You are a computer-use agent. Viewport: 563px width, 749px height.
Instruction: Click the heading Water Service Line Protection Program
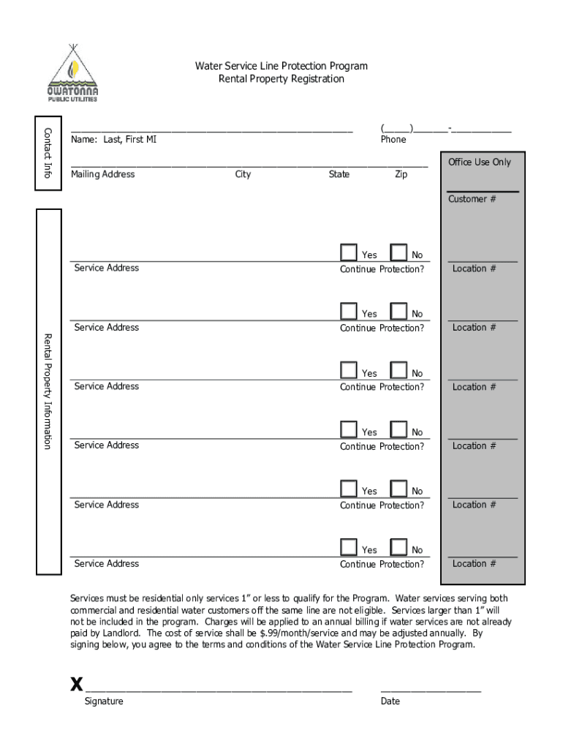coord(281,66)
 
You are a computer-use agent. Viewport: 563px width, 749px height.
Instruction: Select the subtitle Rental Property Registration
coord(281,79)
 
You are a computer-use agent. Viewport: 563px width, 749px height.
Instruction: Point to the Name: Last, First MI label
coord(113,139)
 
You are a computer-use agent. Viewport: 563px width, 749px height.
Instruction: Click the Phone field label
coord(393,139)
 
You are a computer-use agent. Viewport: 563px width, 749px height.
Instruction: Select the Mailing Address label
coord(102,174)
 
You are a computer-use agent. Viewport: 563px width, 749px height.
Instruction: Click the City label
coord(243,174)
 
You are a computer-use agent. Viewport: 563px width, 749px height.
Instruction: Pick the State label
coord(339,174)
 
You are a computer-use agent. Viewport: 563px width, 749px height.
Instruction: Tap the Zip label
coord(401,174)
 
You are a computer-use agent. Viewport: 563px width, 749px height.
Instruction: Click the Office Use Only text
coord(480,162)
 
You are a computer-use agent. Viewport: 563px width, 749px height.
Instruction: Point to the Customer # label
coord(472,199)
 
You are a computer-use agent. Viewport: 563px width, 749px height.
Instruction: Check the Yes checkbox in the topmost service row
coord(349,252)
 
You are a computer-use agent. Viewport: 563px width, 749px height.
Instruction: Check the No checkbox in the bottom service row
coord(398,547)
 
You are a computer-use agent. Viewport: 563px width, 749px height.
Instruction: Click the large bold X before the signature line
coord(76,685)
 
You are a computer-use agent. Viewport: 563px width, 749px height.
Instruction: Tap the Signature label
coord(104,701)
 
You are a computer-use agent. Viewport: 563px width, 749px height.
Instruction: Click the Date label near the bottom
coord(390,701)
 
